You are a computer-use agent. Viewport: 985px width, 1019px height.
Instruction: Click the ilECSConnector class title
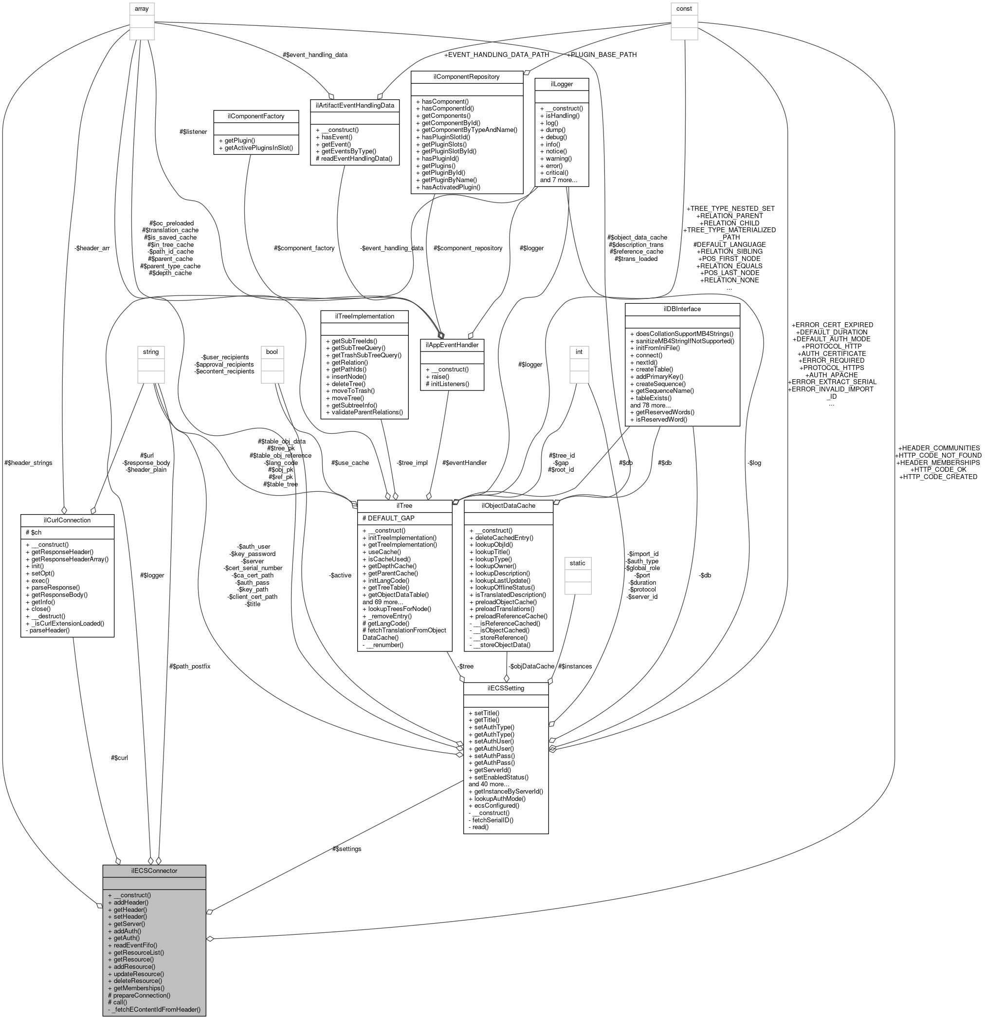coord(154,871)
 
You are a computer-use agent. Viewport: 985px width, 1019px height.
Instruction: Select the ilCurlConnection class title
coord(67,520)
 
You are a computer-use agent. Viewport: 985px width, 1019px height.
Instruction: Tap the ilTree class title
coord(404,505)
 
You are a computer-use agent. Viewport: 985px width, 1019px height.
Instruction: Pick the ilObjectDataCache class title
coord(508,505)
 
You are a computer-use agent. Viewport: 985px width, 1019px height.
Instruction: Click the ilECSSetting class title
coord(505,688)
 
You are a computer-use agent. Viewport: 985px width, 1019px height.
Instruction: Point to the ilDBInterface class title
coord(682,309)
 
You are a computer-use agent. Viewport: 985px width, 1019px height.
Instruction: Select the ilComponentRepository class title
coord(466,76)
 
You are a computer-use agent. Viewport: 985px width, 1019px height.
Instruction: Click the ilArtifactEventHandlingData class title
coord(354,105)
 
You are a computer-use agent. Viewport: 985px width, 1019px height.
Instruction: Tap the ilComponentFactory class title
coord(255,116)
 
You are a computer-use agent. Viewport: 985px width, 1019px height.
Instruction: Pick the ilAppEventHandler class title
coord(452,344)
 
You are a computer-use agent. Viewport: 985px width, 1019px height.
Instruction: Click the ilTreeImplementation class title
coord(365,316)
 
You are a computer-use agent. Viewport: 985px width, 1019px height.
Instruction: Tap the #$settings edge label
coord(347,849)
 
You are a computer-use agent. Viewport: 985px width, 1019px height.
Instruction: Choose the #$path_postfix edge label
coord(190,666)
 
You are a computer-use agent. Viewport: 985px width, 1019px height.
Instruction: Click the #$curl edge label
coord(119,758)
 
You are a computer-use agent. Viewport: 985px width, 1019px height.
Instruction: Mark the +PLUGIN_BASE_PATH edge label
coord(602,55)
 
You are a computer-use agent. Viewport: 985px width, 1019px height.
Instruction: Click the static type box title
coord(577,563)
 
